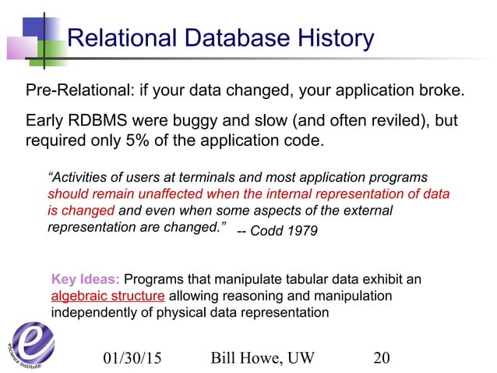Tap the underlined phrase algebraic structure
[x=108, y=297]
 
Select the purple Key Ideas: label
[x=85, y=280]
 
